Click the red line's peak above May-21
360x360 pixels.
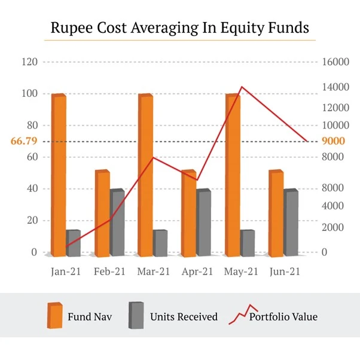(241, 87)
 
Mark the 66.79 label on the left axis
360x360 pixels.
(25, 142)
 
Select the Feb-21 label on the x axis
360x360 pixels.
(109, 271)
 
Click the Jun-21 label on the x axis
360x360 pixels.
(285, 271)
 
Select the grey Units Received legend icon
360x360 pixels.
(137, 316)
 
